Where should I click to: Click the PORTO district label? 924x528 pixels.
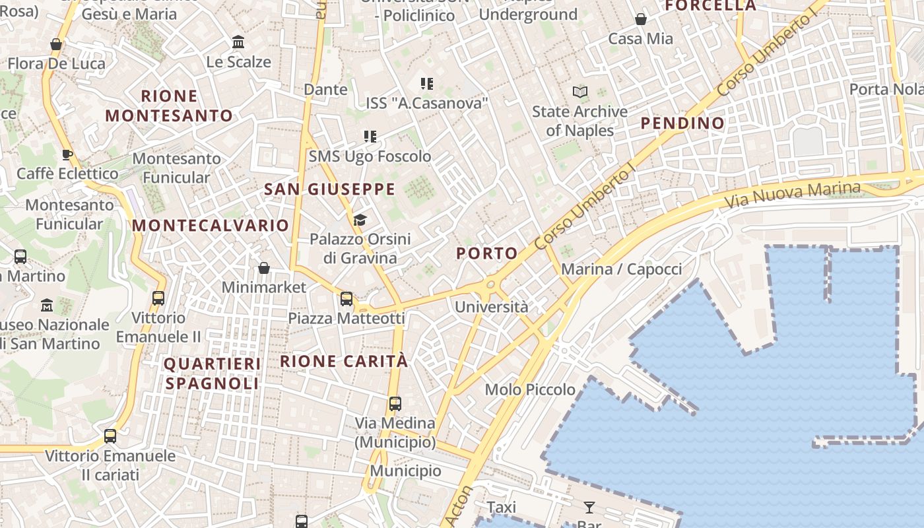487,253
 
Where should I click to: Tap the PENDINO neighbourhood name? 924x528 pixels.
682,123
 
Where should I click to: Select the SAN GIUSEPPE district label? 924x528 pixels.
329,189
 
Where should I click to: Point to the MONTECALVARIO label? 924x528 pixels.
211,225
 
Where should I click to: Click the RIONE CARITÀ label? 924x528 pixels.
344,361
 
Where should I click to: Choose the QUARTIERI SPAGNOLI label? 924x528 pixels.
212,374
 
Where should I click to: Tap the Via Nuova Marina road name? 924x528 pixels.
793,194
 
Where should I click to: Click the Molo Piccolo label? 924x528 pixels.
530,389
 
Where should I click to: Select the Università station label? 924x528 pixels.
492,307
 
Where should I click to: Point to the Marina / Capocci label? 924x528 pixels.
621,269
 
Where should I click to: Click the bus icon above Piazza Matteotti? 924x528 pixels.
346,299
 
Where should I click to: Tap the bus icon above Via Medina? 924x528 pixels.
395,404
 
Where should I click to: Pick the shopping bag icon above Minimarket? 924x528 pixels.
264,268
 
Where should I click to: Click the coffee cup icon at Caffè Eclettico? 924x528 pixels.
67,154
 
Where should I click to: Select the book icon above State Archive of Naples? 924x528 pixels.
580,92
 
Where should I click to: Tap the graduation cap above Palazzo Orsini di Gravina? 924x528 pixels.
360,220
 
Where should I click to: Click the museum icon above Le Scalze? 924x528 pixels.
238,43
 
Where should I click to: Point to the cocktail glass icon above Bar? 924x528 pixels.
589,508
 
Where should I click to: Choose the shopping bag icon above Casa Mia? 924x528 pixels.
640,20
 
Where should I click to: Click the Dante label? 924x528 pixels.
325,89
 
